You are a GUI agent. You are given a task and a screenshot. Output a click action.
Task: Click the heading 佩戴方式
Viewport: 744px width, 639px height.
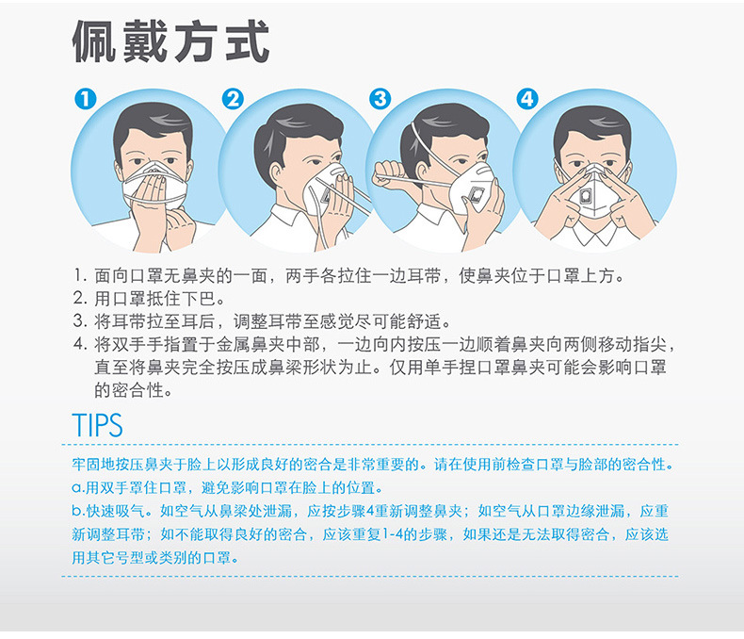171,41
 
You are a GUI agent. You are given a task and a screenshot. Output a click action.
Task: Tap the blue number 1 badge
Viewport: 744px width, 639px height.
86,99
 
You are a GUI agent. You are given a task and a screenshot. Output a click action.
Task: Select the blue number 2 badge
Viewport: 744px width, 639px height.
233,99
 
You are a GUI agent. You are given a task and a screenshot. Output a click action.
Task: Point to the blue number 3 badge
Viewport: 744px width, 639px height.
380,99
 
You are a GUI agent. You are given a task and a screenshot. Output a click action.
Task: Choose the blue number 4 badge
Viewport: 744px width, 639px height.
527,99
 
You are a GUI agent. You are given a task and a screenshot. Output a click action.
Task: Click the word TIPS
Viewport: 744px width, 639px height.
97,425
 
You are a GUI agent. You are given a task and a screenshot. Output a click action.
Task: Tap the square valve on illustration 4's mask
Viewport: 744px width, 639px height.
586,196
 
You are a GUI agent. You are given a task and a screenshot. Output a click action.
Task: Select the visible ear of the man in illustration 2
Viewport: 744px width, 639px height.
276,174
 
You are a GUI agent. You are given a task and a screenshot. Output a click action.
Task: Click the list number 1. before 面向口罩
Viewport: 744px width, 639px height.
81,275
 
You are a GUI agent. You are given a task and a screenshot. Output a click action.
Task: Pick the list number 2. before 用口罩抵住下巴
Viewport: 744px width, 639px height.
81,298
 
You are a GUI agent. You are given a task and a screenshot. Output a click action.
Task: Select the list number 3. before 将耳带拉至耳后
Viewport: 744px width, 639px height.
81,321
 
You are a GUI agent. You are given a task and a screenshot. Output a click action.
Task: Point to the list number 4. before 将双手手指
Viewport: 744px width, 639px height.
81,344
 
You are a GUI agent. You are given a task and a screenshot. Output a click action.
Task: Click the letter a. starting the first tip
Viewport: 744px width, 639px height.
78,488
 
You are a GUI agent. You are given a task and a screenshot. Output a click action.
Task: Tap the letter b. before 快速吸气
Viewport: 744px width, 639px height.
78,511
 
